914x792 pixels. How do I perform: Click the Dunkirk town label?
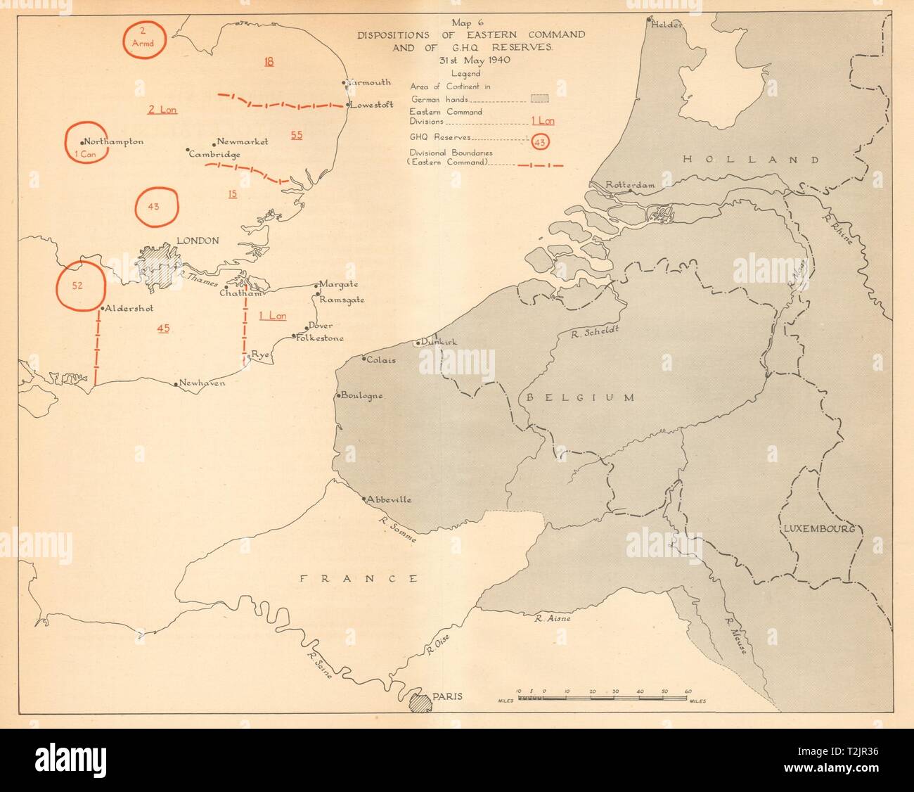[x=440, y=342]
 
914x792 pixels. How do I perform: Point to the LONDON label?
[x=198, y=241]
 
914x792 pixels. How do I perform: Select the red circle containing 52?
[x=81, y=286]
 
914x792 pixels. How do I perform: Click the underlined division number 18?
[x=269, y=61]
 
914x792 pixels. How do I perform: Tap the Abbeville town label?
[x=389, y=500]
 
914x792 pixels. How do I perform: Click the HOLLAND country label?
[x=751, y=160]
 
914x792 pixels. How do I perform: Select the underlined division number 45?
[x=164, y=328]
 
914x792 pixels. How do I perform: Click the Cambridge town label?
[x=215, y=154]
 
